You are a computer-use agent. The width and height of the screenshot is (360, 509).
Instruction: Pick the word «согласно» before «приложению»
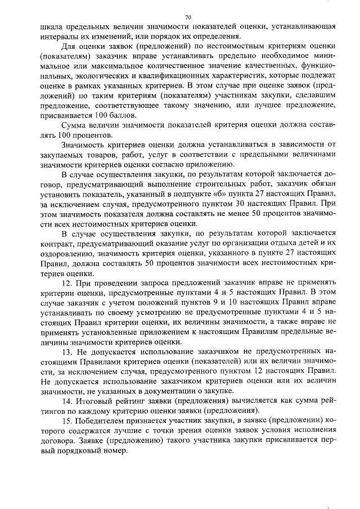[185, 164]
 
